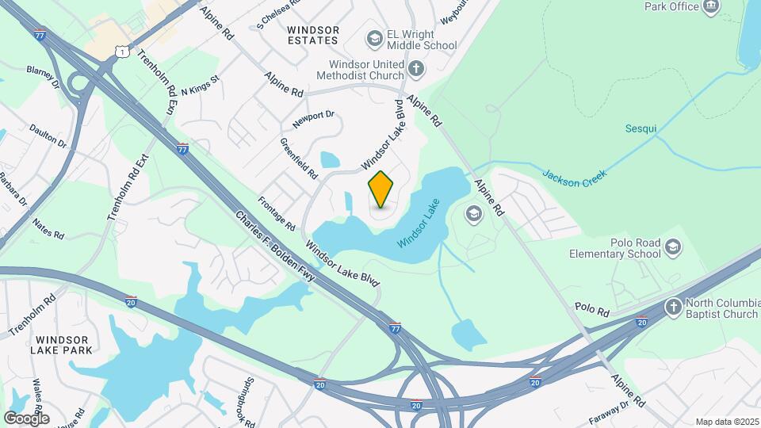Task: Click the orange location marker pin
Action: click(x=381, y=189)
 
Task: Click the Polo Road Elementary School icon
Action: click(x=673, y=248)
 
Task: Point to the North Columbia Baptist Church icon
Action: click(x=673, y=307)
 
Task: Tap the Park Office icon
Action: click(x=711, y=7)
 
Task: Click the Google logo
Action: click(x=26, y=418)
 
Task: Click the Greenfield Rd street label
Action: click(x=298, y=157)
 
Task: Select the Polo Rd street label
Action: click(x=591, y=308)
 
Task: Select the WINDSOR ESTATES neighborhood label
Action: click(x=313, y=35)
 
